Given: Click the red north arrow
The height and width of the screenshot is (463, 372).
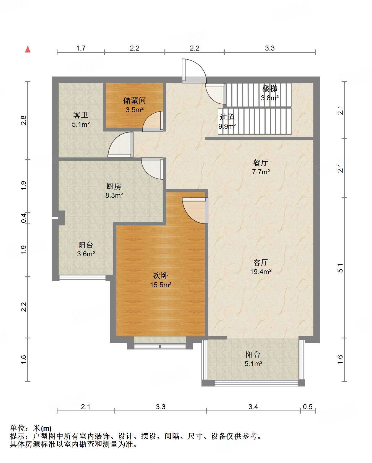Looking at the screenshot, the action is click(28, 49).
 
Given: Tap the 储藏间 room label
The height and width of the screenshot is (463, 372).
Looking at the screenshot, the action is click(135, 100).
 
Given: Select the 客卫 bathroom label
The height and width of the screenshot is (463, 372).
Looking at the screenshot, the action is click(81, 115).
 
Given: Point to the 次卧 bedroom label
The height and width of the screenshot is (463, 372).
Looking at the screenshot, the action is click(161, 275).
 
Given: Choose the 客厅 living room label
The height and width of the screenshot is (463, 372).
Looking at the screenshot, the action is click(261, 262).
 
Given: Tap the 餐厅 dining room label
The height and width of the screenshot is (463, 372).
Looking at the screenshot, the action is click(261, 163).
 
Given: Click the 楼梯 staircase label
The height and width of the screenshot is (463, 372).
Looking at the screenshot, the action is click(270, 89).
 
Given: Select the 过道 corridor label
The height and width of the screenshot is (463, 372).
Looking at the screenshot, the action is click(227, 117).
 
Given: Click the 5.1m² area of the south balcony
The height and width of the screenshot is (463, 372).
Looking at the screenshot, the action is click(253, 364).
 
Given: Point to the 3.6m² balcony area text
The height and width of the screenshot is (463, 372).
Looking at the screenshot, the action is click(86, 254).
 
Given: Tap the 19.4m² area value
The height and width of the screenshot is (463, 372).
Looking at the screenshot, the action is click(261, 272).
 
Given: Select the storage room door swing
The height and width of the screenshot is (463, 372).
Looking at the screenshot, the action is click(153, 121).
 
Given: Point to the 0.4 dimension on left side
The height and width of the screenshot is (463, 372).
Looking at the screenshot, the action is click(24, 218).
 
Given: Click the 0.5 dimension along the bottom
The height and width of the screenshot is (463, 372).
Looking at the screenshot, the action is click(308, 407).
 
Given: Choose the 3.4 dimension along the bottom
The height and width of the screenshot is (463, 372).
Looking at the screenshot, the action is click(253, 407).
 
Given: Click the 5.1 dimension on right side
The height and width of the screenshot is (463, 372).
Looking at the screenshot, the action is click(340, 268).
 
